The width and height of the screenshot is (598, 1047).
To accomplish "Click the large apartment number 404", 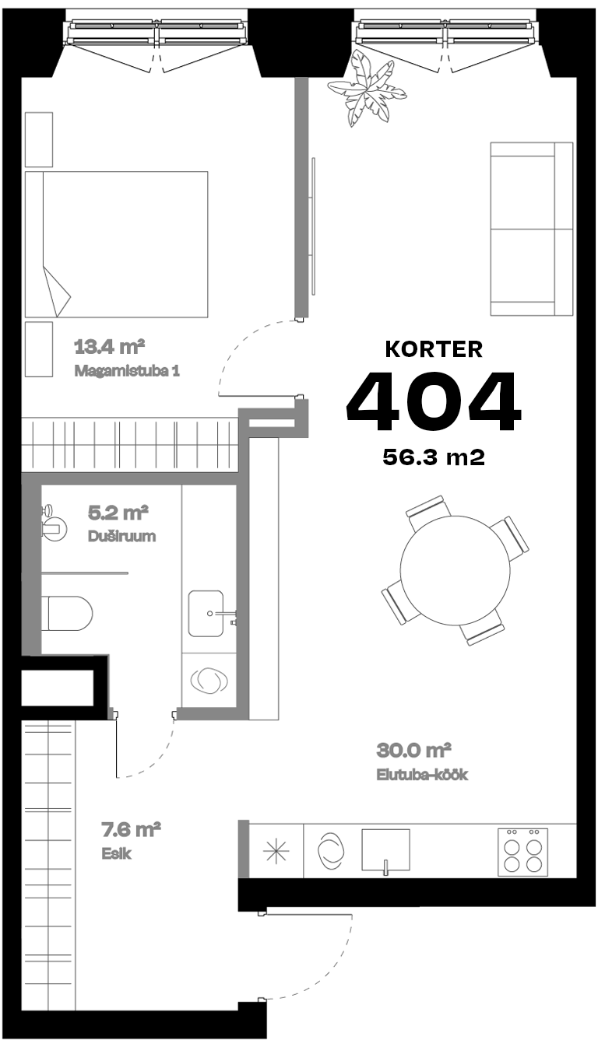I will [433, 402].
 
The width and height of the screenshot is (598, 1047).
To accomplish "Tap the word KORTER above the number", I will [434, 349].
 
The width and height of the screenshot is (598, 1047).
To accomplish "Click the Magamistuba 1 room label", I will [127, 370].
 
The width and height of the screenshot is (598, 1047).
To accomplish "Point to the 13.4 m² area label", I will [111, 345].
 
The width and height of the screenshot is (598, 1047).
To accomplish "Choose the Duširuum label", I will [121, 536].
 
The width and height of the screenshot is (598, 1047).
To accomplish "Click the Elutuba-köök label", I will [422, 775].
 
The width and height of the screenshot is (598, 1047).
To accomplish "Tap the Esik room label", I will [116, 853].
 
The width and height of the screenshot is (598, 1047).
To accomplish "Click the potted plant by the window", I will [366, 88].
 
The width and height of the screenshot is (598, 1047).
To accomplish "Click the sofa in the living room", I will [531, 229].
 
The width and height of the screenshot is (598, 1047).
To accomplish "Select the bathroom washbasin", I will [208, 613].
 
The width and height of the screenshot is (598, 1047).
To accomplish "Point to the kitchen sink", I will [385, 850].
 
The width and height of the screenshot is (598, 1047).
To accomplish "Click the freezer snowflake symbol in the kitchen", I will [275, 851].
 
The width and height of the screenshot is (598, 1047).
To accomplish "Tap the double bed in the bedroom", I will [117, 244].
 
